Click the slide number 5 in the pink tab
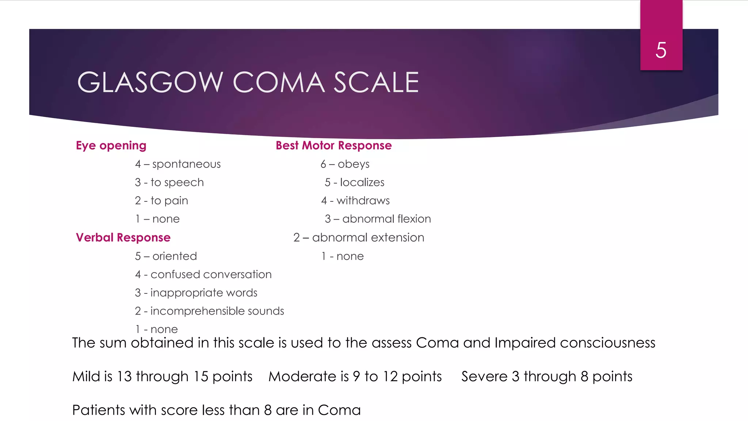[661, 50]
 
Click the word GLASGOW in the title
[150, 82]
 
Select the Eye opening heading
[111, 145]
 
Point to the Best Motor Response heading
[333, 145]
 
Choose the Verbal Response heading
[123, 238]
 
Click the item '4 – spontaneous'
[178, 164]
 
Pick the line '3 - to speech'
[169, 182]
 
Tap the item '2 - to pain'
[161, 201]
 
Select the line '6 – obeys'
[345, 164]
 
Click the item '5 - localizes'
[354, 182]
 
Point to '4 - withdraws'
[355, 201]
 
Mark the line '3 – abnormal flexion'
[378, 219]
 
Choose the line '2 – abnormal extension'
[359, 238]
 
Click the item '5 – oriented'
[166, 256]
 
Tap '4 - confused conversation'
[203, 274]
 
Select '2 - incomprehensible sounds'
[209, 311]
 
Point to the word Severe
[484, 376]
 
